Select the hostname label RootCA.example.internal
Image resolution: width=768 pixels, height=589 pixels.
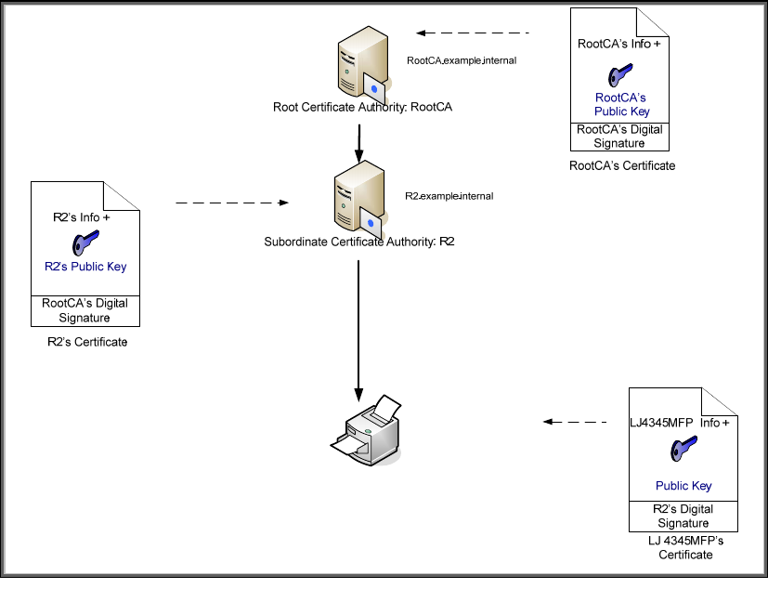tap(461, 60)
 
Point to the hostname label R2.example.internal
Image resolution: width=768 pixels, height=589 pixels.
tap(449, 197)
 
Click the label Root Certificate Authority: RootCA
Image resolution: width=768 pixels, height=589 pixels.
tap(363, 107)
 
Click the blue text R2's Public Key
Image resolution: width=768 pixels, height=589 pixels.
tap(85, 267)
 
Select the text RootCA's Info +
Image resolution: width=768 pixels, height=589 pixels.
tap(620, 43)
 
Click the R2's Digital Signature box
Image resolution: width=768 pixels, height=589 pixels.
tap(683, 516)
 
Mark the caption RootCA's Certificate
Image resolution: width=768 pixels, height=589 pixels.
tap(622, 165)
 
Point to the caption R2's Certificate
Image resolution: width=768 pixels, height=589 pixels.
tap(87, 342)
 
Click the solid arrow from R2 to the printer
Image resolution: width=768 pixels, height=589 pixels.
tap(359, 325)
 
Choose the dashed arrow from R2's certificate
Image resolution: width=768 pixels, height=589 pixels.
tap(232, 202)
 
